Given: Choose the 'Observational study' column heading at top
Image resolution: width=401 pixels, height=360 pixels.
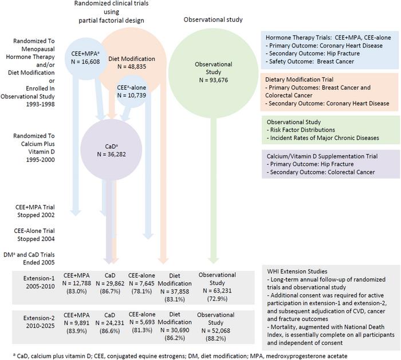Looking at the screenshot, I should click(x=213, y=19).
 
